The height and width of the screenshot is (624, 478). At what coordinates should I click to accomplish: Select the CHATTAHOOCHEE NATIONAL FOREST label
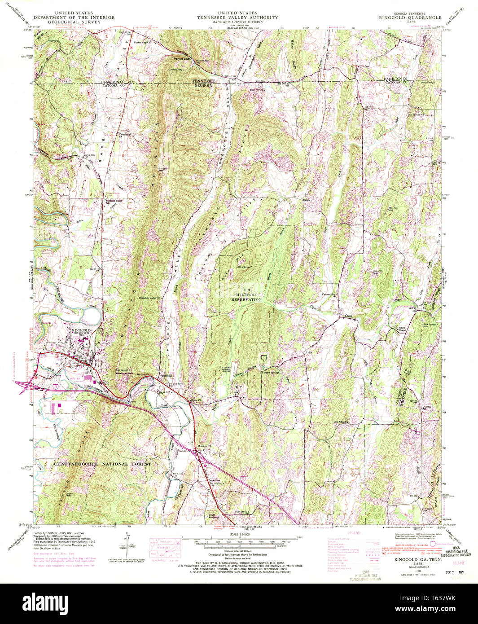click(102, 464)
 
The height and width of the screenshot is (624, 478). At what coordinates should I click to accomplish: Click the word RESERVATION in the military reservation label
click(246, 299)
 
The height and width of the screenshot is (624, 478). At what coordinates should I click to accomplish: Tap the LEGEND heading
click(354, 532)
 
